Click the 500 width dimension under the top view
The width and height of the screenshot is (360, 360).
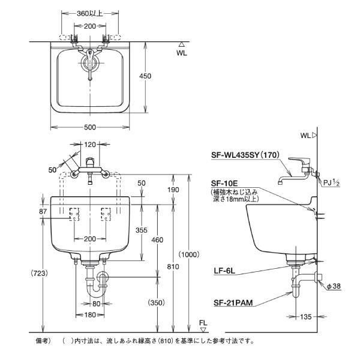coord(90,127)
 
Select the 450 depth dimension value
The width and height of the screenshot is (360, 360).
coord(145,76)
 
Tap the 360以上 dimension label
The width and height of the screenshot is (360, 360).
coord(90,14)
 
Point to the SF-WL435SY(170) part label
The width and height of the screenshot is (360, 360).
coord(245,155)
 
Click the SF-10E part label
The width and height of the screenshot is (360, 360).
coord(224,184)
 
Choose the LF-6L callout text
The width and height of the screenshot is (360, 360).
coord(224,271)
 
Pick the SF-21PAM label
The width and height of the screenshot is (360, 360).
coord(233,303)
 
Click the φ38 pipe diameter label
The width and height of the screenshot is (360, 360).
coord(334,286)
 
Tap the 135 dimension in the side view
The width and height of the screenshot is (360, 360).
coord(306,317)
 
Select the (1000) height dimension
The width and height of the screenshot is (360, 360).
coord(189,254)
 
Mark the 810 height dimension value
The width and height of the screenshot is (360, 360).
coord(173,266)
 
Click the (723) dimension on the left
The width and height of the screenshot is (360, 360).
coord(40,273)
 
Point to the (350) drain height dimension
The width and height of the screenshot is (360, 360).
coord(157,302)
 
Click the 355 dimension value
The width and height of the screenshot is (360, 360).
coord(141,230)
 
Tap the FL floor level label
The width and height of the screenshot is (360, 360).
coord(203,323)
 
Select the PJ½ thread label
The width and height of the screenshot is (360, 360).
coord(331,183)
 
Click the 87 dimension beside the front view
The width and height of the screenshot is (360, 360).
coord(43,211)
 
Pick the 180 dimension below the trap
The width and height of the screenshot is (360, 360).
coord(90,315)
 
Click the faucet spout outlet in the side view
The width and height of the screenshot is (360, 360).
coord(280,183)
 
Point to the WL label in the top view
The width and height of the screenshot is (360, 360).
coord(182,53)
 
